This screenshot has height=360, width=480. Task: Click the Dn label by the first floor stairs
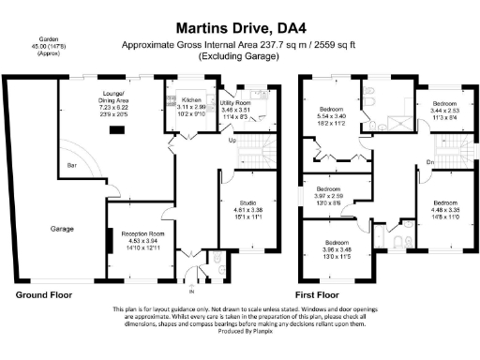click(430, 162)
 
